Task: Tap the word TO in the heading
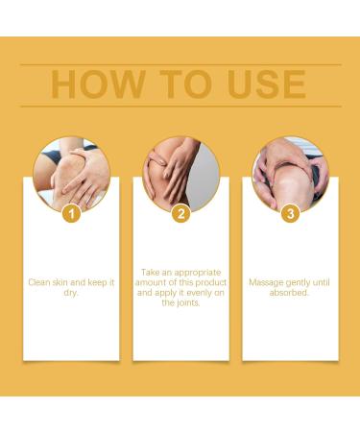tap(186, 84)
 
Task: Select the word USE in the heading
tap(266, 84)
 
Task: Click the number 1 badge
tap(71, 213)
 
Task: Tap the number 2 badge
tap(181, 213)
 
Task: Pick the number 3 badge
tap(290, 213)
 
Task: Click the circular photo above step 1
tap(72, 174)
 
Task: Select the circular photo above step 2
tap(181, 174)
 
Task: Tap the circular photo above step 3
tap(291, 174)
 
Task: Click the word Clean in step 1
tap(39, 282)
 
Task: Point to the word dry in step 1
tap(71, 293)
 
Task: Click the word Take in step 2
tap(150, 273)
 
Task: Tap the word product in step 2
tap(211, 283)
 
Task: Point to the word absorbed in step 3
tap(289, 293)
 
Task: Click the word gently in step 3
tap(299, 283)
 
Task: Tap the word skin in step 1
tap(60, 282)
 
